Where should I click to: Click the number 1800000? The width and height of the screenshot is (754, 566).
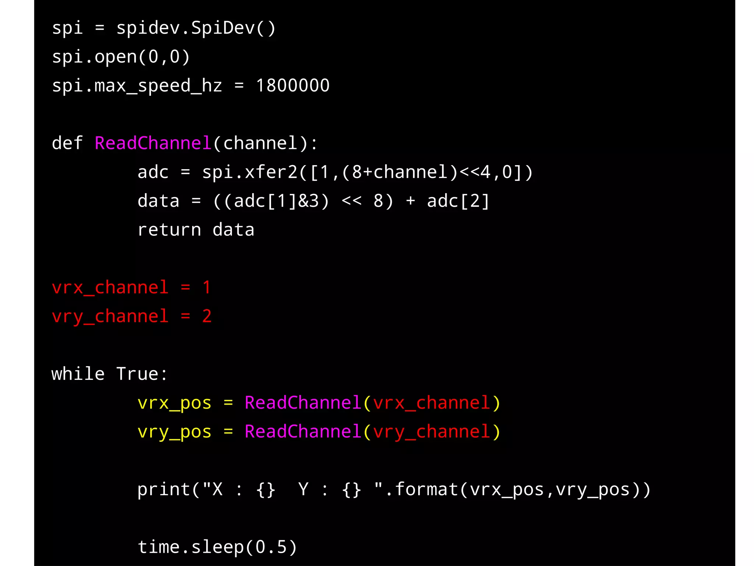293,85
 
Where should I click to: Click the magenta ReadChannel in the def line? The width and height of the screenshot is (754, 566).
153,143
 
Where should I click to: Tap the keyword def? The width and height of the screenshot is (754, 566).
67,143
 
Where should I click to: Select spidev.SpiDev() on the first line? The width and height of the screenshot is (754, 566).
196,28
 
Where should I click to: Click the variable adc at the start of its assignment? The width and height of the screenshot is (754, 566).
153,172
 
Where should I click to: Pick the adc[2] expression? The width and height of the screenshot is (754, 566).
458,201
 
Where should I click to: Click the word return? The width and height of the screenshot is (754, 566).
169,230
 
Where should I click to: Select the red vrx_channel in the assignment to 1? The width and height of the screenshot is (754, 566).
110,287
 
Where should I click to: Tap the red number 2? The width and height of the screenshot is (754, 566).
207,316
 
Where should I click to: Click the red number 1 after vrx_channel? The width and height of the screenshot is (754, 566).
207,287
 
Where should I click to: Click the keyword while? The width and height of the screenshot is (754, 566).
78,374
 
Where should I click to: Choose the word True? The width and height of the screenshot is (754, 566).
138,374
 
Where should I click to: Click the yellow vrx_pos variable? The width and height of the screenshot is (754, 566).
175,403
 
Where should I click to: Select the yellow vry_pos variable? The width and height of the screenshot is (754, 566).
175,432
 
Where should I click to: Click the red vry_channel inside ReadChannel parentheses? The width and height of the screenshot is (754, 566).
431,432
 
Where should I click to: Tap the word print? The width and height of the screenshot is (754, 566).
163,490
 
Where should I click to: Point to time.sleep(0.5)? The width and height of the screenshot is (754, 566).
217,547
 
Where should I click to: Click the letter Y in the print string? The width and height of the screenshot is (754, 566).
303,490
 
